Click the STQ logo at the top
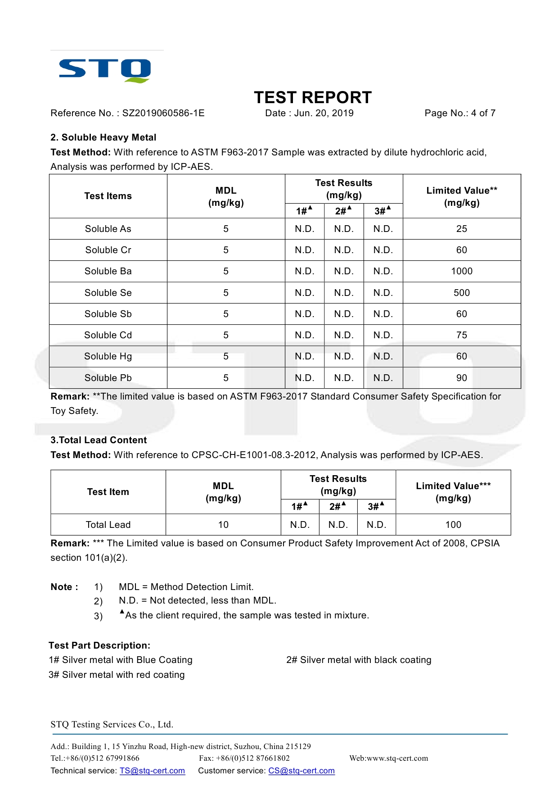[105, 70]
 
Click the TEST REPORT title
[313, 97]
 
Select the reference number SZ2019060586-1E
[163, 113]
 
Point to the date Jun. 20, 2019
[324, 113]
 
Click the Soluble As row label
[108, 229]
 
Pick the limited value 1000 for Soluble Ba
[462, 271]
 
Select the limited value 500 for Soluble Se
[462, 293]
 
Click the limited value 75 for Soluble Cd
[462, 335]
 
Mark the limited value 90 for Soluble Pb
[462, 378]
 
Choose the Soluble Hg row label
[108, 356]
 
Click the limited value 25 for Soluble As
[462, 229]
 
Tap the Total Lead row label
[108, 525]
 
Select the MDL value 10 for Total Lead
[223, 525]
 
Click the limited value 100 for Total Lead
[453, 525]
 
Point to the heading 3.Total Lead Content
[99, 440]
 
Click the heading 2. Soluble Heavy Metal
[103, 137]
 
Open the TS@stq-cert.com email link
[152, 771]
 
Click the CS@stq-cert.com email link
[301, 771]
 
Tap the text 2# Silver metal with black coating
[359, 660]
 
